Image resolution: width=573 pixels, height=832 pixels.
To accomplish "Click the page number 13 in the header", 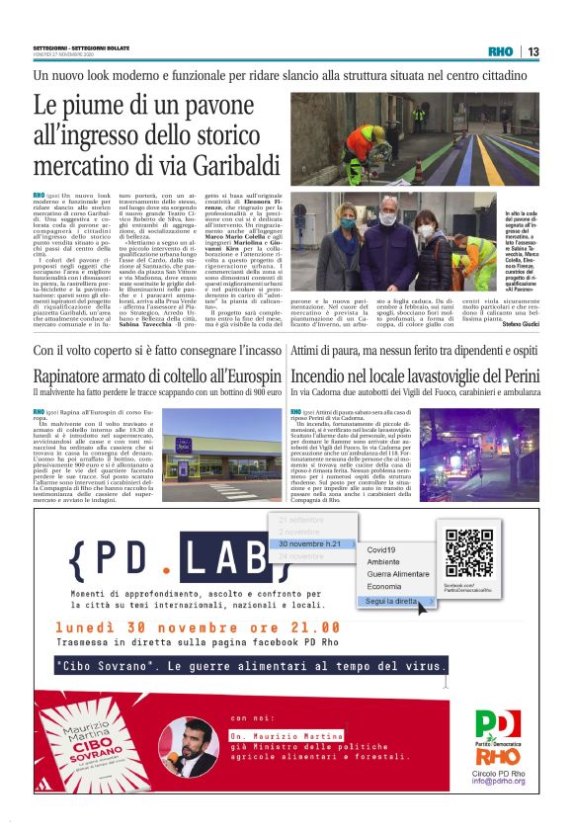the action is (532, 51).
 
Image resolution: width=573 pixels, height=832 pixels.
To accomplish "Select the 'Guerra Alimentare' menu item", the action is (398, 574).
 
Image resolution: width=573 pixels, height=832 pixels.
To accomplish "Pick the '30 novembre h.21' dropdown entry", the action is (308, 543).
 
